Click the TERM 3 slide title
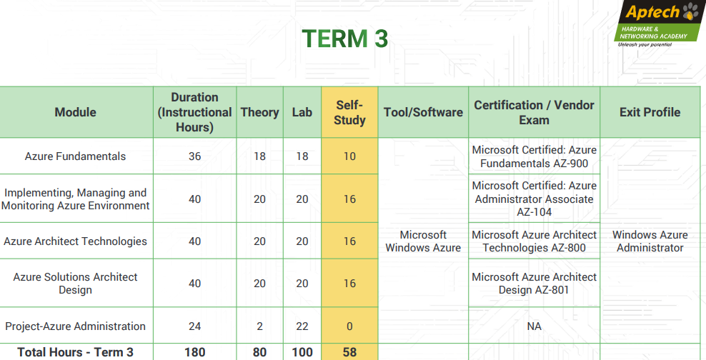344,39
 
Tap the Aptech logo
659,24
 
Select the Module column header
76,112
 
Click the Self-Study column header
349,113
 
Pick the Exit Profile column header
650,112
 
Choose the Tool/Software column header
423,112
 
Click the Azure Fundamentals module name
75,156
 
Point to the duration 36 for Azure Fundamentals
194,156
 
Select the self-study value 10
349,156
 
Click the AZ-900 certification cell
534,156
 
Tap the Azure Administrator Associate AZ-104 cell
534,199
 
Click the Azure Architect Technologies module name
75,241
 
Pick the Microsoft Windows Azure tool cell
423,241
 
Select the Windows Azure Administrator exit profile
650,241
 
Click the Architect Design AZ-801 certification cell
534,283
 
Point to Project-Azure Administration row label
75,326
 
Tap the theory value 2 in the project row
260,326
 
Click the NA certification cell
534,326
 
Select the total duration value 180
194,352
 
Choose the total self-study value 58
349,352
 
